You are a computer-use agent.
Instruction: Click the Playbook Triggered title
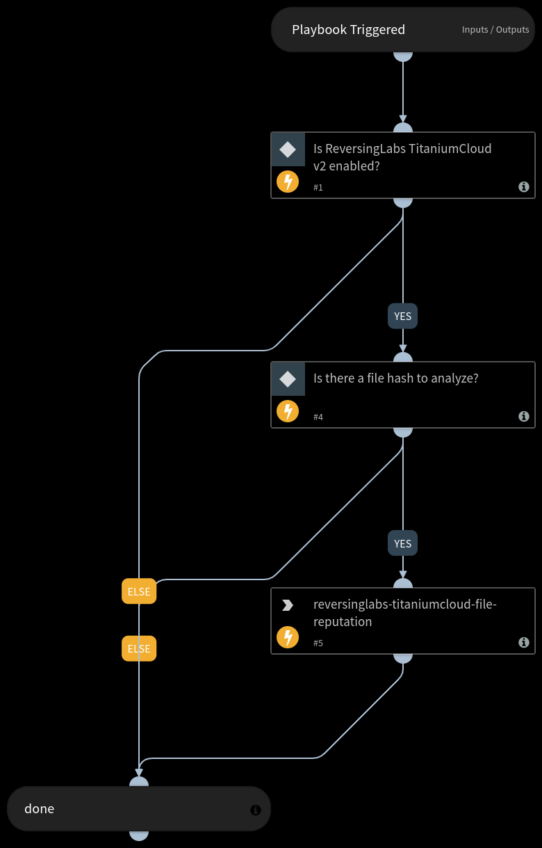tap(348, 30)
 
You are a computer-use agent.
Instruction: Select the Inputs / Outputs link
tap(495, 30)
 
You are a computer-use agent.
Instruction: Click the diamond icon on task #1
tap(288, 150)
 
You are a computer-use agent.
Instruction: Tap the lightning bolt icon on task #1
tap(288, 182)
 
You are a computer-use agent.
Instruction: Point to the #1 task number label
tap(318, 188)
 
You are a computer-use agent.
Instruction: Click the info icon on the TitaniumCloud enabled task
tap(524, 187)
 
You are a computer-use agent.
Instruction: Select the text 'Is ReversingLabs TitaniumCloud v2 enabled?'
tap(402, 157)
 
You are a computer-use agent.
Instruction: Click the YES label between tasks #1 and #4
tap(403, 317)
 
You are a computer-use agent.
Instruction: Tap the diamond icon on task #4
tap(288, 379)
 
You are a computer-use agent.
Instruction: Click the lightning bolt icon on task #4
tap(288, 411)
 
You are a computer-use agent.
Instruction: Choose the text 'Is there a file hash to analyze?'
tap(396, 378)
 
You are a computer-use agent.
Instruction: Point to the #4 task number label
tap(318, 417)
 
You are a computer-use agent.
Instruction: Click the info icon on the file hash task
tap(524, 417)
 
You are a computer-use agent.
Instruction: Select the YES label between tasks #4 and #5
tap(403, 543)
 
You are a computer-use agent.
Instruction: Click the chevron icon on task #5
tap(287, 605)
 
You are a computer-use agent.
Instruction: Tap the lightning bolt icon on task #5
tap(288, 637)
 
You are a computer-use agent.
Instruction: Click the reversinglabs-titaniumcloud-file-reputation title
tap(405, 613)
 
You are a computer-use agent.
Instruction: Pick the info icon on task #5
tap(524, 643)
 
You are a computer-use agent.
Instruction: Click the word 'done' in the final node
tap(40, 809)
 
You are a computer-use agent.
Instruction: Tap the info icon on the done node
tap(256, 810)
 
